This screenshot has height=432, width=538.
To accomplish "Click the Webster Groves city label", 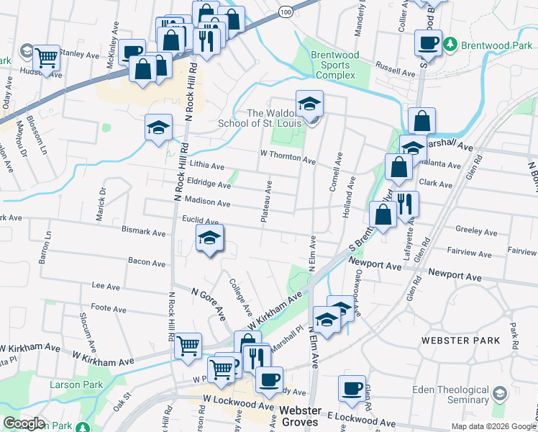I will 300,410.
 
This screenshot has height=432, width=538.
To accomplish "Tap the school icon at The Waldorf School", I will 309,104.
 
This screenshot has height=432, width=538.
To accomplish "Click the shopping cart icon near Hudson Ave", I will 47,57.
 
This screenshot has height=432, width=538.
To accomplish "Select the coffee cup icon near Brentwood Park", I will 429,42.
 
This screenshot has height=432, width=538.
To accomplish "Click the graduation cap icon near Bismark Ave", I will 209,239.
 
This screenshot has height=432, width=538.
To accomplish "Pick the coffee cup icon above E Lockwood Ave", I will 352,389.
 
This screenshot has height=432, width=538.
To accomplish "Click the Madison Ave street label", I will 207,203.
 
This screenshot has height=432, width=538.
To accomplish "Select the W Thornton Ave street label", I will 288,156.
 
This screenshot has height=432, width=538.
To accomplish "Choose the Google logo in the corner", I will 23,423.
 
